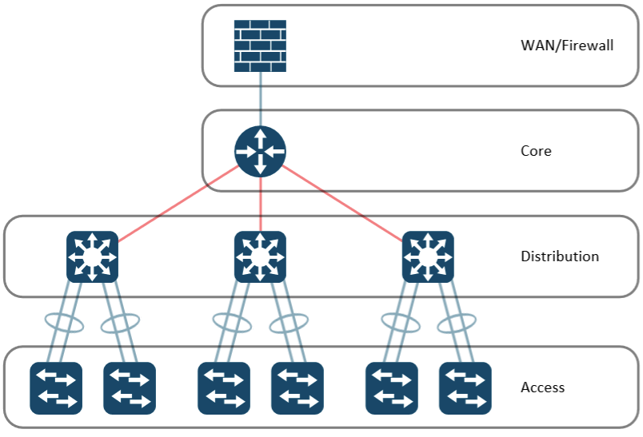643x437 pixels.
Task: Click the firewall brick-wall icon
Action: click(260, 46)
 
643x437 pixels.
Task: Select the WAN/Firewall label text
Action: click(567, 45)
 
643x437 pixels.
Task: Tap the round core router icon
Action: click(260, 150)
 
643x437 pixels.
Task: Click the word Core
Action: click(536, 150)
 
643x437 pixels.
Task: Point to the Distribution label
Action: click(559, 256)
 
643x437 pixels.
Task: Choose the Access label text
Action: click(542, 387)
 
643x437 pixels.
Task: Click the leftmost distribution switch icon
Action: click(92, 256)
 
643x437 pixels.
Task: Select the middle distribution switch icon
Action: click(260, 256)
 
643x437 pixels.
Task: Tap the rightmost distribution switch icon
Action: click(428, 256)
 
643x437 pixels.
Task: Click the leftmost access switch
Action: click(56, 388)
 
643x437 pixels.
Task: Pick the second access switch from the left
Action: click(130, 388)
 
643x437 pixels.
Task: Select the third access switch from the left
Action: click(224, 388)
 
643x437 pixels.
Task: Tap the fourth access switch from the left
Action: click(298, 388)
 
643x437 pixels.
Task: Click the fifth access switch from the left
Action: click(392, 388)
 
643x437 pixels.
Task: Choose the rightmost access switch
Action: click(465, 388)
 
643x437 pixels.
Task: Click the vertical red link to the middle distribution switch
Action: click(260, 204)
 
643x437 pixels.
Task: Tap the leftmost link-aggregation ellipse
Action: click(65, 322)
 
